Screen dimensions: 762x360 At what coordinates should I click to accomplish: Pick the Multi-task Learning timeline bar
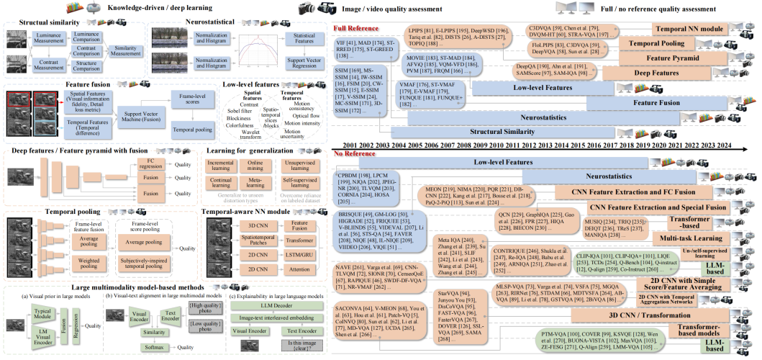688,237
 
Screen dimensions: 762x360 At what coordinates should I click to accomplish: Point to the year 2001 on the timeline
344,145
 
